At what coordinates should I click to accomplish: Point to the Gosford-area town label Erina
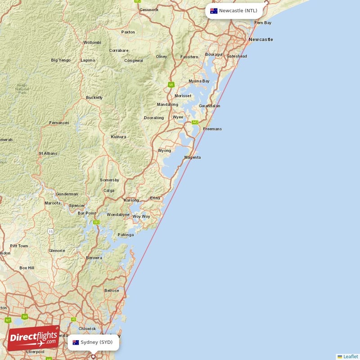[155, 198]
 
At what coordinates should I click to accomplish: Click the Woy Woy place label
[141, 216]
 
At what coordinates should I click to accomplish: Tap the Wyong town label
[164, 151]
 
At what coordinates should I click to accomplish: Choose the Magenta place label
[193, 157]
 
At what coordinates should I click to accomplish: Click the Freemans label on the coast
[212, 129]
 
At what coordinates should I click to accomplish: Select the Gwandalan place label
[209, 106]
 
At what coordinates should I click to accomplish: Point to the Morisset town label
[183, 96]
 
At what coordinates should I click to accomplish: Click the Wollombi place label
[92, 43]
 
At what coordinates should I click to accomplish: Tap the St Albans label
[48, 153]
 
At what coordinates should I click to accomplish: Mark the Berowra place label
[94, 258]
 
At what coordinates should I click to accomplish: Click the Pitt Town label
[19, 246]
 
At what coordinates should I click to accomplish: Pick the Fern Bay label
[263, 22]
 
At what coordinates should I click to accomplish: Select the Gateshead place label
[237, 56]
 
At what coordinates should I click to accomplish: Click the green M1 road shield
[171, 84]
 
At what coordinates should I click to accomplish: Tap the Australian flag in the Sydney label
[76, 342]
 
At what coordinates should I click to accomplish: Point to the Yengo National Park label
[22, 89]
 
